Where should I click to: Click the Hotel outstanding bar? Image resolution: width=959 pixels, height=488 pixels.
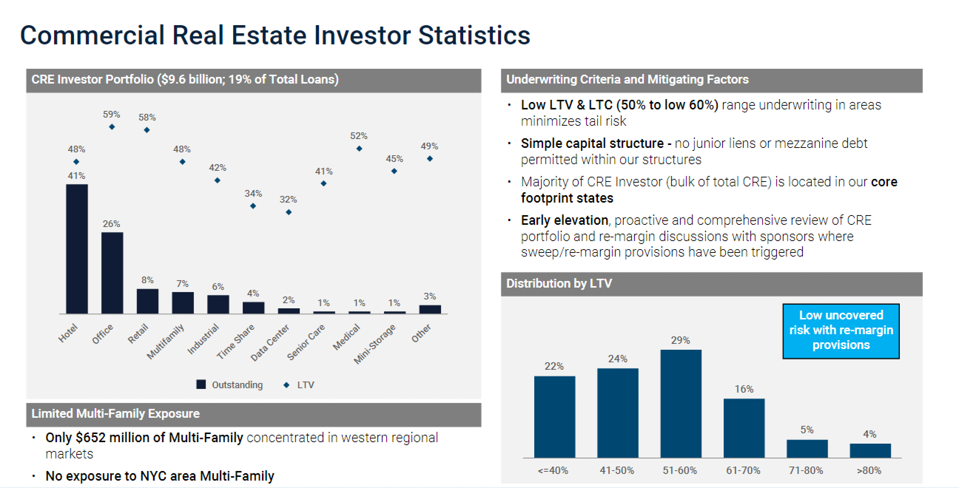pyautogui.click(x=77, y=249)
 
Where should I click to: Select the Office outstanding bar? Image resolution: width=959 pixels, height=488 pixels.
pyautogui.click(x=112, y=273)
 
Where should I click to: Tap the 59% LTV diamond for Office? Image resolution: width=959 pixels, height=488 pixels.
pyautogui.click(x=112, y=127)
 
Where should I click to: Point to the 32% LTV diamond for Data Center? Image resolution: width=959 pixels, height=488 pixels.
pyautogui.click(x=289, y=212)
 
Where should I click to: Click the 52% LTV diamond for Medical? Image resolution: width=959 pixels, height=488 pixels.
pyautogui.click(x=359, y=148)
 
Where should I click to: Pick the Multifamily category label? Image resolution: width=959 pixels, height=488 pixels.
pyautogui.click(x=165, y=342)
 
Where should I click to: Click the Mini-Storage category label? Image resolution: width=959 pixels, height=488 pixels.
pyautogui.click(x=374, y=344)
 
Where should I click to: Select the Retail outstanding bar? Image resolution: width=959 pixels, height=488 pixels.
pyautogui.click(x=147, y=301)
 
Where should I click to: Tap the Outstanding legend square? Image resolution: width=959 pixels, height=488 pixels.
pyautogui.click(x=201, y=384)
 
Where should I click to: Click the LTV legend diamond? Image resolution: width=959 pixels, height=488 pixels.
pyautogui.click(x=286, y=385)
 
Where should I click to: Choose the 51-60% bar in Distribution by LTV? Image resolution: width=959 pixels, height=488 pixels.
pyautogui.click(x=681, y=404)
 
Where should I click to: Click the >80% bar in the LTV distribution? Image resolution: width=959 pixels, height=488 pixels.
pyautogui.click(x=871, y=450)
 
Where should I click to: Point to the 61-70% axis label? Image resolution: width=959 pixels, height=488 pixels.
pyautogui.click(x=743, y=471)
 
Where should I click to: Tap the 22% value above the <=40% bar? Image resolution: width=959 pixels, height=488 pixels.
pyautogui.click(x=554, y=366)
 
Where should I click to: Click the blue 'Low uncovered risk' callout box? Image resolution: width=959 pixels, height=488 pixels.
pyautogui.click(x=841, y=331)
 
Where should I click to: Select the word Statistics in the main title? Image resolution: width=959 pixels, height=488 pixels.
pyautogui.click(x=474, y=35)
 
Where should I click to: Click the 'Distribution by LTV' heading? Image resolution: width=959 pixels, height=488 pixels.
pyautogui.click(x=559, y=284)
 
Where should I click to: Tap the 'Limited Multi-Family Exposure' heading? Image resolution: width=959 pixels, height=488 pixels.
pyautogui.click(x=115, y=414)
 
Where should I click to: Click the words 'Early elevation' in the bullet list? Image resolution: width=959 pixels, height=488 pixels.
pyautogui.click(x=564, y=220)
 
